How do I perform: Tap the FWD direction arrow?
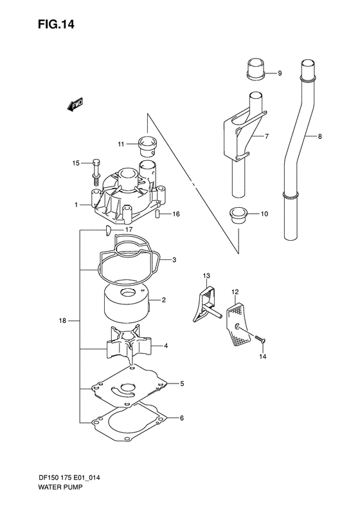pos(75,105)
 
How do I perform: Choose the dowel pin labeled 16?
pos(157,214)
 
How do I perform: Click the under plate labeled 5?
pos(132,390)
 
